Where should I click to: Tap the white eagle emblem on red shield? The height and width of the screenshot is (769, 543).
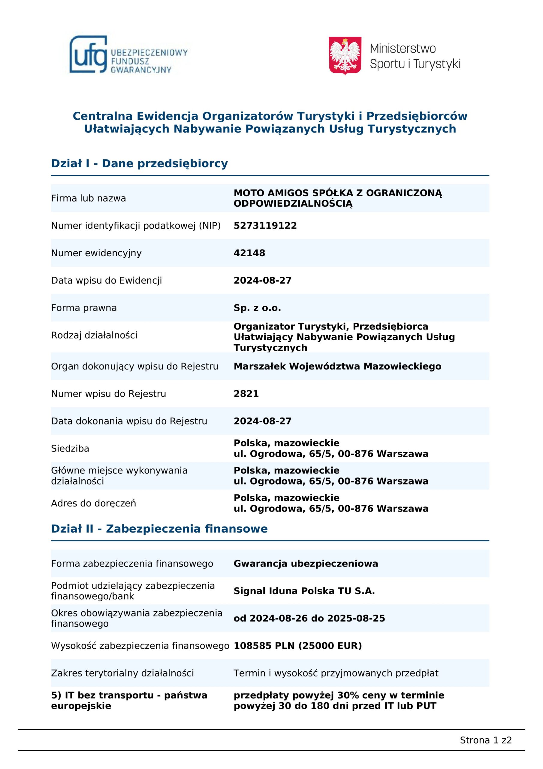tap(345, 56)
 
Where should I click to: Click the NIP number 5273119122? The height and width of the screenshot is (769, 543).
tap(265, 225)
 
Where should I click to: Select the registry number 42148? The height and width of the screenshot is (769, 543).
tap(249, 253)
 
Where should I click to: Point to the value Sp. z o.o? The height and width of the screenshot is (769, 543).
tap(257, 308)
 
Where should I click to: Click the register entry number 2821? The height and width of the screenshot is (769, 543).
tap(246, 394)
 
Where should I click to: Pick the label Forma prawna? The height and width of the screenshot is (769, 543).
tap(84, 308)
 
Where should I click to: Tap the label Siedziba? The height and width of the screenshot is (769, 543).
tap(70, 448)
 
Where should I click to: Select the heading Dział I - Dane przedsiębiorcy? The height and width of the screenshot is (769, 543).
tap(139, 163)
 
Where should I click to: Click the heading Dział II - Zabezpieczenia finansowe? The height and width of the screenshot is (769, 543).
tap(159, 529)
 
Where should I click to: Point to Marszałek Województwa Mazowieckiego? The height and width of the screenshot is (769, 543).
tap(337, 366)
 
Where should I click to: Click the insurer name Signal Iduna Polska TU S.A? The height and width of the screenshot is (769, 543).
tap(304, 591)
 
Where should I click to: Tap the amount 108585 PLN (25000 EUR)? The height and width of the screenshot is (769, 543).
tap(297, 646)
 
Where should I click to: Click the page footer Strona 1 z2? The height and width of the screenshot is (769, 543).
tap(486, 740)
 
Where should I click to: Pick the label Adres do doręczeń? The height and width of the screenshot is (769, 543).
tap(93, 503)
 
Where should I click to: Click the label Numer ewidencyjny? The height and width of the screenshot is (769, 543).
tap(96, 253)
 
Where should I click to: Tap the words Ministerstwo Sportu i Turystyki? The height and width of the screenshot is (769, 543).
tap(415, 56)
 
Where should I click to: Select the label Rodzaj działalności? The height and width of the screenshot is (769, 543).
tap(94, 335)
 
